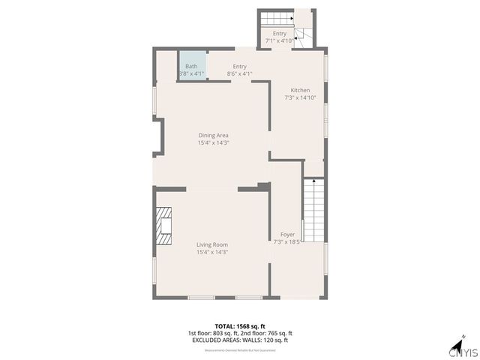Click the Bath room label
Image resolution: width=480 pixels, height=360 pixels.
[x=192, y=67]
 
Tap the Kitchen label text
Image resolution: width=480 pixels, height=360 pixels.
[x=300, y=91]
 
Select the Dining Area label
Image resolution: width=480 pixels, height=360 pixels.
[x=213, y=136]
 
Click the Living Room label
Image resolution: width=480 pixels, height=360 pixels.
[x=212, y=245]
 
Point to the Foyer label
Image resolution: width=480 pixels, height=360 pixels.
[x=287, y=235]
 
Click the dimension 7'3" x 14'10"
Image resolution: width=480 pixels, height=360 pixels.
[x=300, y=97]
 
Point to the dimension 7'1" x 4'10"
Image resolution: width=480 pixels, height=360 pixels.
[x=280, y=40]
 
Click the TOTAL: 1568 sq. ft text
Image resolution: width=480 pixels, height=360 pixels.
[x=239, y=326]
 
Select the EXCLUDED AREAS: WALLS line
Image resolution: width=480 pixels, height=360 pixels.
[x=239, y=340]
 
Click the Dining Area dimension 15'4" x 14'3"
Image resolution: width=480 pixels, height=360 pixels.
[x=213, y=142]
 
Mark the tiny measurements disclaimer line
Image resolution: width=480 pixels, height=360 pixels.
[x=239, y=349]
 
